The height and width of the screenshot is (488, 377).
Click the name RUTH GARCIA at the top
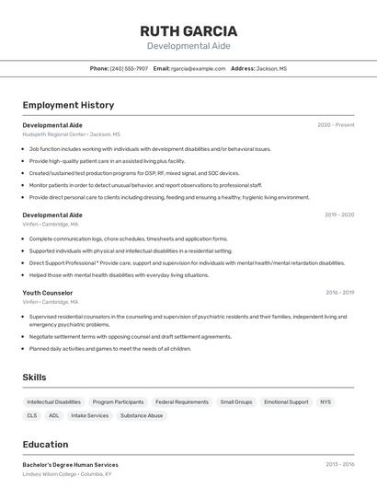coord(188,30)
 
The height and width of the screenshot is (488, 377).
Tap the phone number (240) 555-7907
coord(129,68)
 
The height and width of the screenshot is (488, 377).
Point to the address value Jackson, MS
coord(271,68)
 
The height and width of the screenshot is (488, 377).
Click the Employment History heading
coord(68,105)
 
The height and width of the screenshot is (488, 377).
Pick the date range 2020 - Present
coord(336,124)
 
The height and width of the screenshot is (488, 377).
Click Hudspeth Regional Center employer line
coord(71,134)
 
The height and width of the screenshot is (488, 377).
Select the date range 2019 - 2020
coord(339,215)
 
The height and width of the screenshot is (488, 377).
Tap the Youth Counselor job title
coord(48,293)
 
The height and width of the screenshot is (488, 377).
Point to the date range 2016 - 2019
coord(339,293)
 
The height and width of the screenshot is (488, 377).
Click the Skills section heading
coord(34,377)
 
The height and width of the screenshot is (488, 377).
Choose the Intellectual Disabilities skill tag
coord(53,402)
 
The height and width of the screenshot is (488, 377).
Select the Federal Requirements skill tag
coord(182,402)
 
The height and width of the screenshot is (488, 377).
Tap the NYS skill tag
coord(326,402)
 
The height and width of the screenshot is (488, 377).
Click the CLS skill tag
coord(32,416)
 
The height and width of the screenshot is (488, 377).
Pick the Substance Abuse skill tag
coord(142,416)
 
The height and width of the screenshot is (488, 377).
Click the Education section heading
coord(45,444)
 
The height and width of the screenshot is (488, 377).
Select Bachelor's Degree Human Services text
coord(70,465)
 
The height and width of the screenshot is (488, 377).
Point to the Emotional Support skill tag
coord(286,402)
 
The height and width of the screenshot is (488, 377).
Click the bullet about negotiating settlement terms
coord(131,337)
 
